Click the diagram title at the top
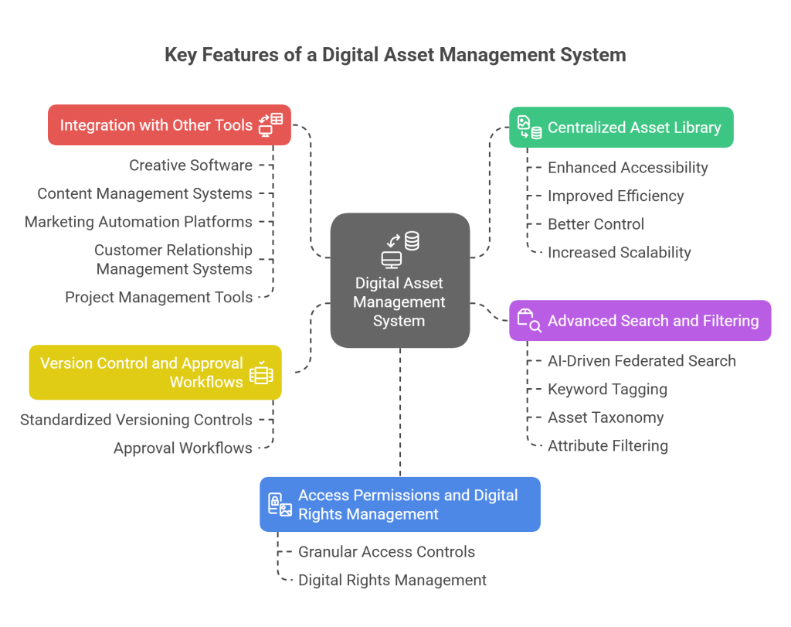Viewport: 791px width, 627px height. [395, 56]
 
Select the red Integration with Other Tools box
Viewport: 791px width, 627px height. [169, 124]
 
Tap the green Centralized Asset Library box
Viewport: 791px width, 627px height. [621, 128]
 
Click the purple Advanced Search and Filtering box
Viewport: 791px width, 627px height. [640, 320]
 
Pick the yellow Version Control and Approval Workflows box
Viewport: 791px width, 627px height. [155, 372]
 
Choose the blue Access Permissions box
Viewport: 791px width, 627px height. [399, 504]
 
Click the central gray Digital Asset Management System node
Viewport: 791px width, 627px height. [399, 280]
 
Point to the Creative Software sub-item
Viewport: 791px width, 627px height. [191, 165]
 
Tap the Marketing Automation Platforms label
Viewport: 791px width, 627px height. [138, 222]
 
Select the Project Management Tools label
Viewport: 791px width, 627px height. [159, 297]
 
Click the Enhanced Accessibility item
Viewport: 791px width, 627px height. [627, 167]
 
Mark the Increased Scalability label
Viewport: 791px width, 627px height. [619, 252]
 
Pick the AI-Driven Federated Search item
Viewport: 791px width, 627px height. [641, 360]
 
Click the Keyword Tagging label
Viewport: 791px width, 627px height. [607, 389]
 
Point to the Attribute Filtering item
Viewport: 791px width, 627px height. [608, 445]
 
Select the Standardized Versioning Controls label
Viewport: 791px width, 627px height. [136, 420]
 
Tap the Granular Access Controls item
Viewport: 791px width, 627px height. [386, 551]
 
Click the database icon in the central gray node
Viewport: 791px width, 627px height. [412, 241]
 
